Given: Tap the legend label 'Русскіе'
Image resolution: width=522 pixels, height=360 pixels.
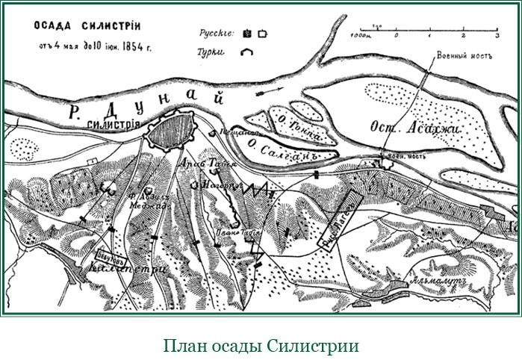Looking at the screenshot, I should [x=217, y=34].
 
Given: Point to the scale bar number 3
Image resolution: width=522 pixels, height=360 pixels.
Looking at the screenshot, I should [x=497, y=35].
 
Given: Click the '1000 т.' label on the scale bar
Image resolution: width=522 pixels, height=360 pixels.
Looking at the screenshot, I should [x=361, y=34].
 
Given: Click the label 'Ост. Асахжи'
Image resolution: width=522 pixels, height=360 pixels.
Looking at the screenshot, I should [x=416, y=128].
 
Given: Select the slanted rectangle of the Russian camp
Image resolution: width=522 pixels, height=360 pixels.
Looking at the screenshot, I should [x=341, y=219].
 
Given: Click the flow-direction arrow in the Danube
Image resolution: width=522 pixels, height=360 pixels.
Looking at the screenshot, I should [x=267, y=93].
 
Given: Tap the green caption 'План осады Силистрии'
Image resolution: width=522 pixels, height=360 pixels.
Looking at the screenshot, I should [x=261, y=346].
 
